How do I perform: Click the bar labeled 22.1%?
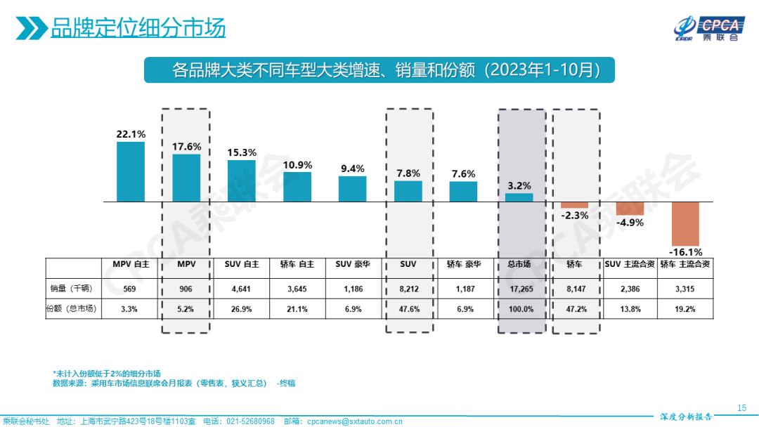[131, 171]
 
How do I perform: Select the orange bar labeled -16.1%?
[685, 223]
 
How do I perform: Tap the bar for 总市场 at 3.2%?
[519, 197]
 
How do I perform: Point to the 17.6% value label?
[186, 147]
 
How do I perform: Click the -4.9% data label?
[630, 223]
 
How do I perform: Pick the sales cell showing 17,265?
[521, 289]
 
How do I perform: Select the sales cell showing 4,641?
[242, 289]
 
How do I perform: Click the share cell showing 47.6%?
[408, 308]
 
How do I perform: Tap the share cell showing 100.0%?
[521, 308]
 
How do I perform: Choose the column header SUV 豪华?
[353, 265]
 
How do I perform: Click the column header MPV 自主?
[131, 265]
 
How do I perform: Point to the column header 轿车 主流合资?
[685, 265]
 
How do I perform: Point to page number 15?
[741, 408]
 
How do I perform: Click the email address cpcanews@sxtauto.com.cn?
[353, 421]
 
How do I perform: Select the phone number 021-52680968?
[249, 421]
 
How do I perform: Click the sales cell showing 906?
[186, 289]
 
